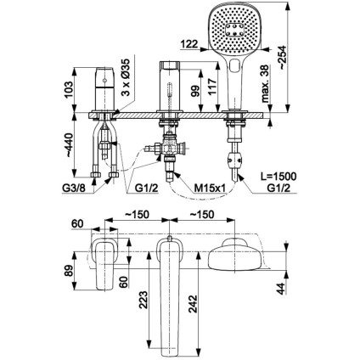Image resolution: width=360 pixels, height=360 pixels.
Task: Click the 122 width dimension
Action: pos(189,44)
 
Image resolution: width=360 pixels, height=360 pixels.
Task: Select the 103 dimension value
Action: pos(69,90)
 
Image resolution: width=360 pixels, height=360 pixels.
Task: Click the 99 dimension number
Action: pos(195,91)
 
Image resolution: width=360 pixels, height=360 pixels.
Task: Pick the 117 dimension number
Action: pos(212,87)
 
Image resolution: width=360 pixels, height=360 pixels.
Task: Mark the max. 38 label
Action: pos(264,83)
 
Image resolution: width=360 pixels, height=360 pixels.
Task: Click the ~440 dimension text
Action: pos(69,144)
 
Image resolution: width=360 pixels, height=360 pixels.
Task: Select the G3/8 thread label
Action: pos(74,188)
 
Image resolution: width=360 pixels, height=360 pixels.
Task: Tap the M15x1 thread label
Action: pos(211,188)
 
